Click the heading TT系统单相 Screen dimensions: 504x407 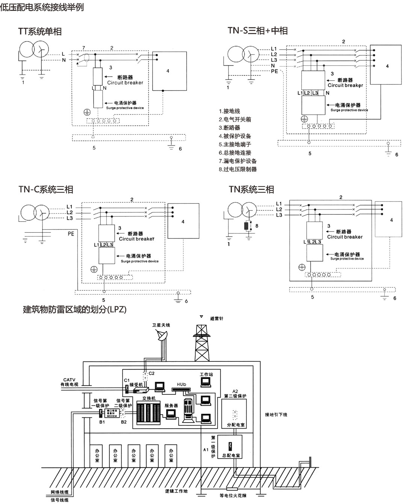[x=40, y=32]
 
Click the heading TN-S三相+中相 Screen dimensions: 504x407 [x=257, y=30]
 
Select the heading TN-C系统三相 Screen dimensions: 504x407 [x=46, y=190]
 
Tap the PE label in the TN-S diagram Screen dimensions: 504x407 [x=274, y=71]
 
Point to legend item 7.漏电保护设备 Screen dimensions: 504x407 [x=238, y=161]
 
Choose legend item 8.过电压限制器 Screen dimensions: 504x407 [x=238, y=169]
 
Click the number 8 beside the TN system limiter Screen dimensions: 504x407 [x=257, y=226]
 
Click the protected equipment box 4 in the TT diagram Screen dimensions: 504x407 [x=169, y=71]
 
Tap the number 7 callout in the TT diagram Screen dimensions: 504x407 [x=84, y=48]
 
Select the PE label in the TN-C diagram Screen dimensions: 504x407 [x=71, y=234]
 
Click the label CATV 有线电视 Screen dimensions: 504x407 [x=70, y=382]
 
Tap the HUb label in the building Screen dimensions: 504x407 [x=182, y=385]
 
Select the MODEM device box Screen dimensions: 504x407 [x=112, y=414]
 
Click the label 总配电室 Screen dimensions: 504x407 [x=231, y=456]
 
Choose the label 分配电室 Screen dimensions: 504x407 [x=236, y=425]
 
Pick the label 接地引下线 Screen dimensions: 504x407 [x=276, y=415]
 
